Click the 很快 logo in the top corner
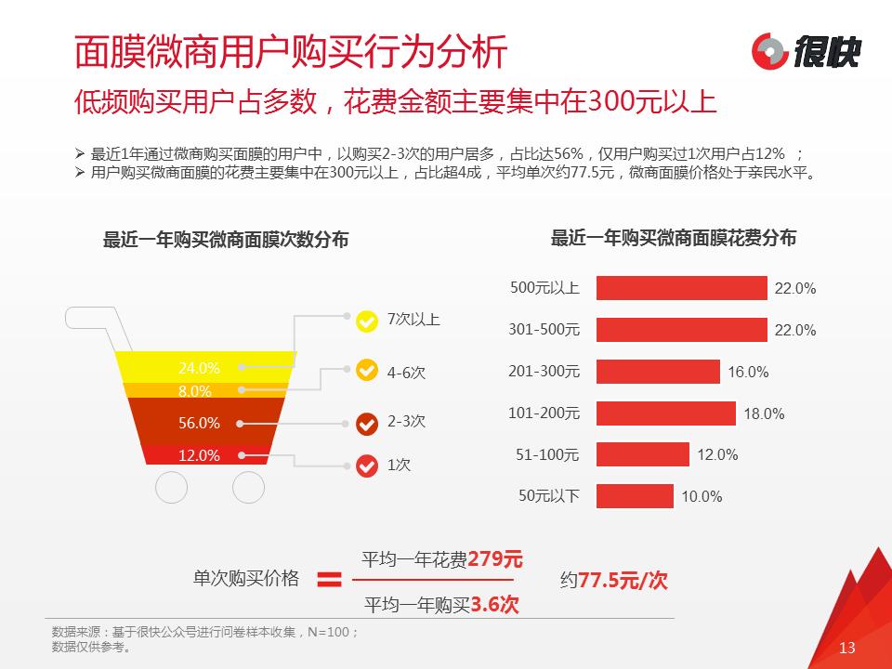coord(805,50)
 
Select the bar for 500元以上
coord(681,288)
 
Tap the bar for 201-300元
coord(658,372)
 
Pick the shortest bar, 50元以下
coord(635,496)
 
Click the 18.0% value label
coord(764,413)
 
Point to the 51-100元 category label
coord(547,454)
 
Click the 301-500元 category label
coord(544,330)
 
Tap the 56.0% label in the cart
coord(199,423)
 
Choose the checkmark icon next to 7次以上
coord(367,321)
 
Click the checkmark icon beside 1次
coord(367,465)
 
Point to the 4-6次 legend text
coord(406,372)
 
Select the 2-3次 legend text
coord(406,421)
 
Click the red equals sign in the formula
coord(329,580)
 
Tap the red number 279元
coord(495,559)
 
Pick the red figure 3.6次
coord(494,605)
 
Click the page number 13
coord(846,648)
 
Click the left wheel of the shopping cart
coord(172,487)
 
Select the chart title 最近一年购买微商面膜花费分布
coord(674,238)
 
